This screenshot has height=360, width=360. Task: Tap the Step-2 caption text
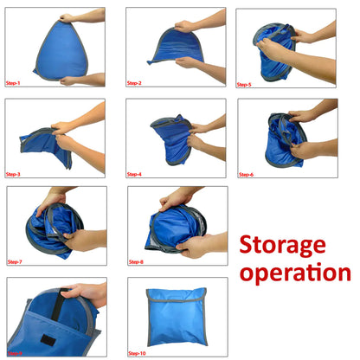[x=134, y=83]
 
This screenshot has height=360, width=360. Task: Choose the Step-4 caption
[x=134, y=173]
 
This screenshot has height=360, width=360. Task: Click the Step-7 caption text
[x=16, y=261]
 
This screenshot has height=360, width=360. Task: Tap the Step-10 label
[x=138, y=353]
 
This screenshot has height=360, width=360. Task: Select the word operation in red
[x=295, y=273]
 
